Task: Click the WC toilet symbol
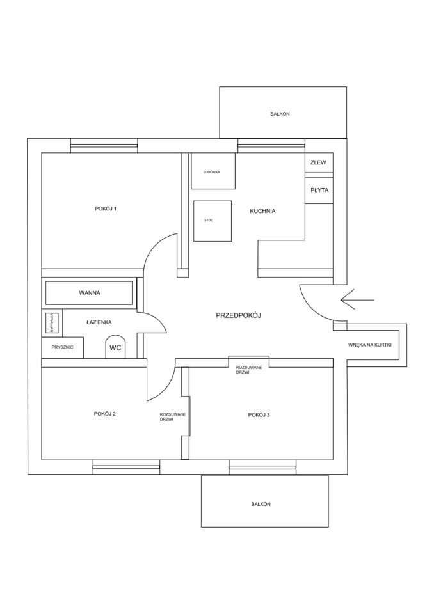coord(115,347)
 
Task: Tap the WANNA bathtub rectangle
coord(90,293)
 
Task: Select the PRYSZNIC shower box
coord(63,347)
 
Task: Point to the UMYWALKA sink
coord(51,322)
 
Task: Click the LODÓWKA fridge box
coord(213,171)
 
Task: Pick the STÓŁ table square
coord(211,221)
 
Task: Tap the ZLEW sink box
coord(318,163)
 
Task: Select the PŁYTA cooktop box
coord(318,191)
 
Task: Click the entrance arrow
coord(358,297)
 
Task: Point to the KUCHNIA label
coord(262,211)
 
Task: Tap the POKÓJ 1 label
coord(106,209)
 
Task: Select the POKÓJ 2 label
coord(104,414)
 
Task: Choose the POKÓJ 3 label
coord(259,415)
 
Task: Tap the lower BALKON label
coord(261,504)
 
